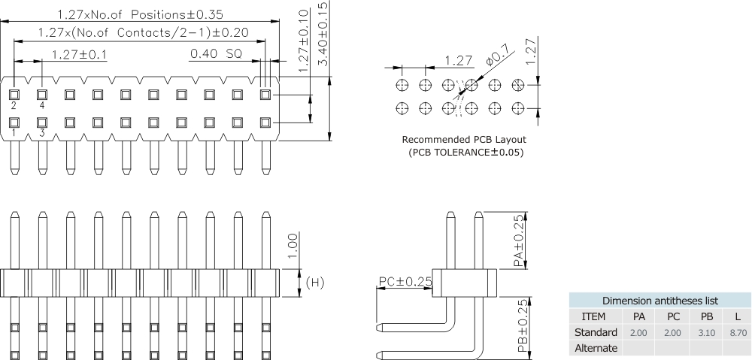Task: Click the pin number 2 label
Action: (14, 106)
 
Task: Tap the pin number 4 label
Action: (42, 106)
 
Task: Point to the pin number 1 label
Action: (14, 133)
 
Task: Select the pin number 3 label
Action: (42, 133)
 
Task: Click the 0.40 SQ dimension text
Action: (215, 53)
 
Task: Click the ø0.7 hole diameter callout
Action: (497, 55)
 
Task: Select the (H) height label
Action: (315, 282)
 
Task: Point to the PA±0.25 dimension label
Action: (519, 240)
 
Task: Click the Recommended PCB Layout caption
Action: (464, 140)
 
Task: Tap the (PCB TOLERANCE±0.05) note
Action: (465, 153)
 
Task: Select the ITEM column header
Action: (594, 316)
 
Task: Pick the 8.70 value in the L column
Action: (738, 332)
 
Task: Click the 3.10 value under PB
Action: (706, 332)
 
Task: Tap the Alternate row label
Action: (596, 348)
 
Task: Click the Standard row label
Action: (596, 332)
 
